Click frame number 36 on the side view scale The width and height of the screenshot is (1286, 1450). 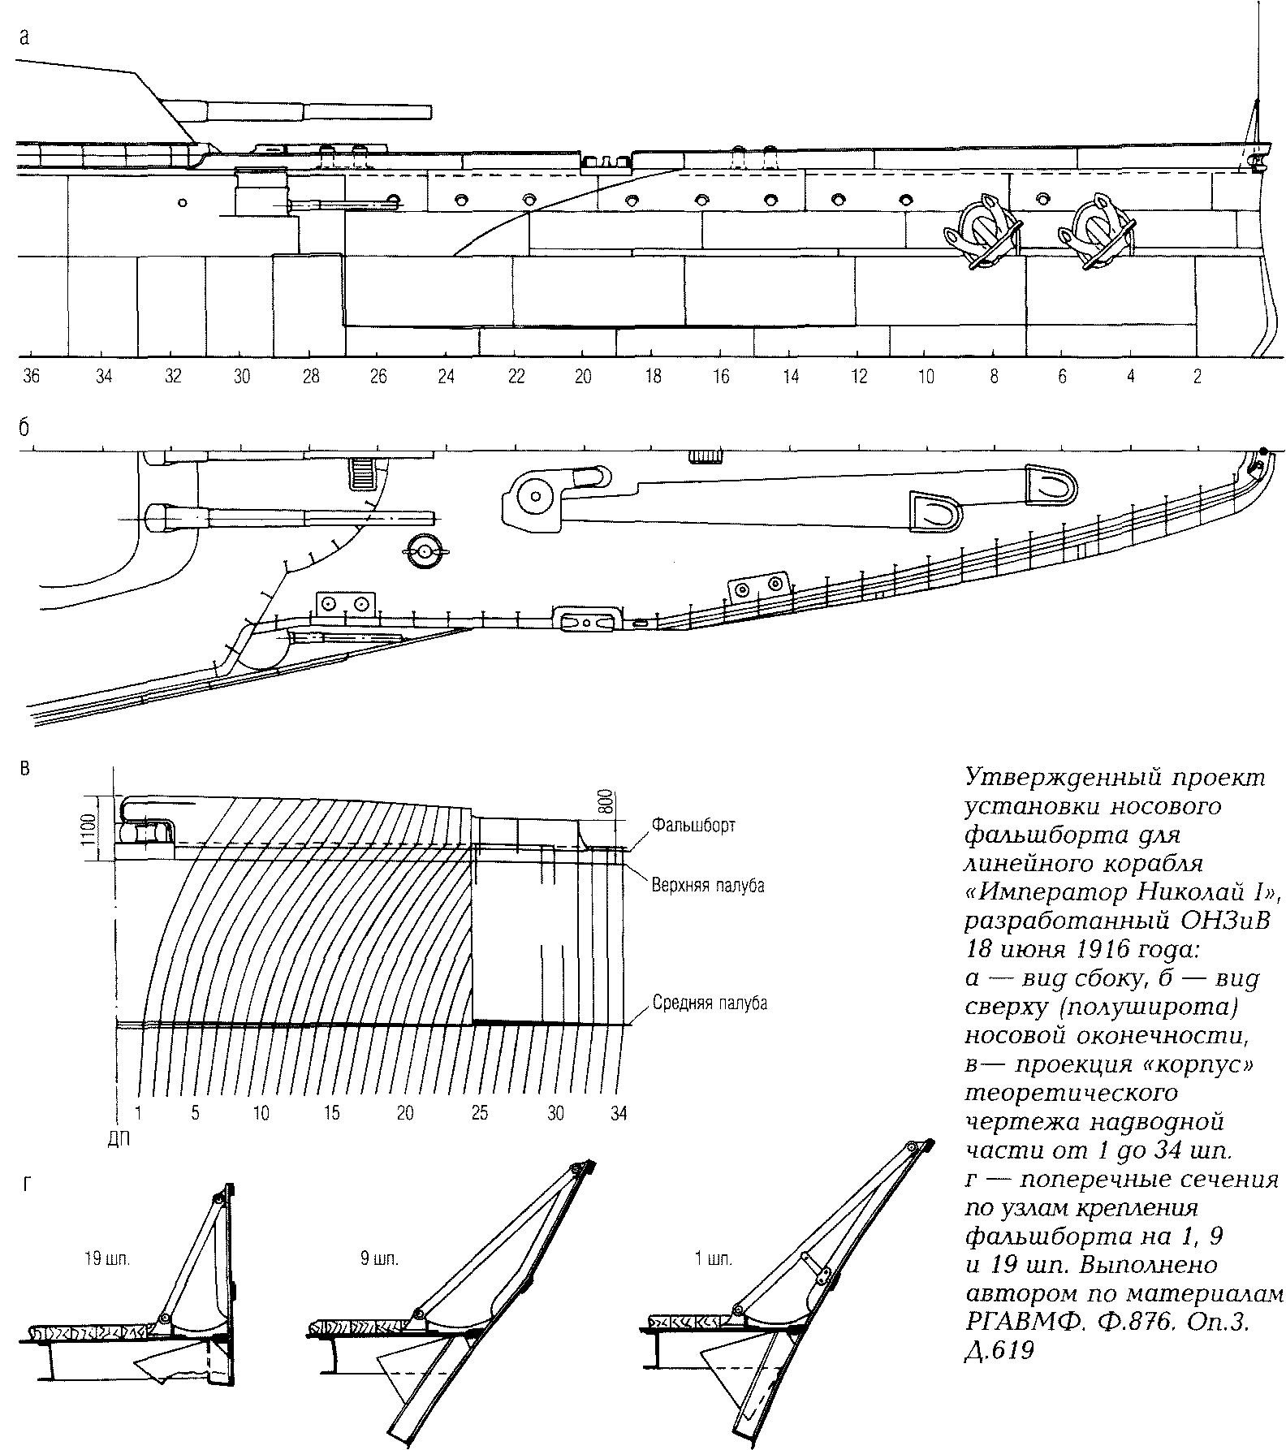coord(32,377)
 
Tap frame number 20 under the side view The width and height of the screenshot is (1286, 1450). coord(583,377)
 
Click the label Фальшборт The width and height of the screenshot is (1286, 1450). coord(693,825)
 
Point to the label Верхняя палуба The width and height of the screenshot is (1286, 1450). coord(708,885)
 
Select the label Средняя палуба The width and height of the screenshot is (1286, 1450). coord(710,1003)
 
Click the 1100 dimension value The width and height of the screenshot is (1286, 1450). coord(89,829)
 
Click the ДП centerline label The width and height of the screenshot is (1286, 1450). coord(119,1138)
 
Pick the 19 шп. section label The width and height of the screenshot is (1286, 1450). coord(106,1260)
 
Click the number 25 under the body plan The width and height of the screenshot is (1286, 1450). coord(480,1113)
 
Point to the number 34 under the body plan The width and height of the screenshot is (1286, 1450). coord(619,1113)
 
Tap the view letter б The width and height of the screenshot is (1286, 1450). coord(24,428)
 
